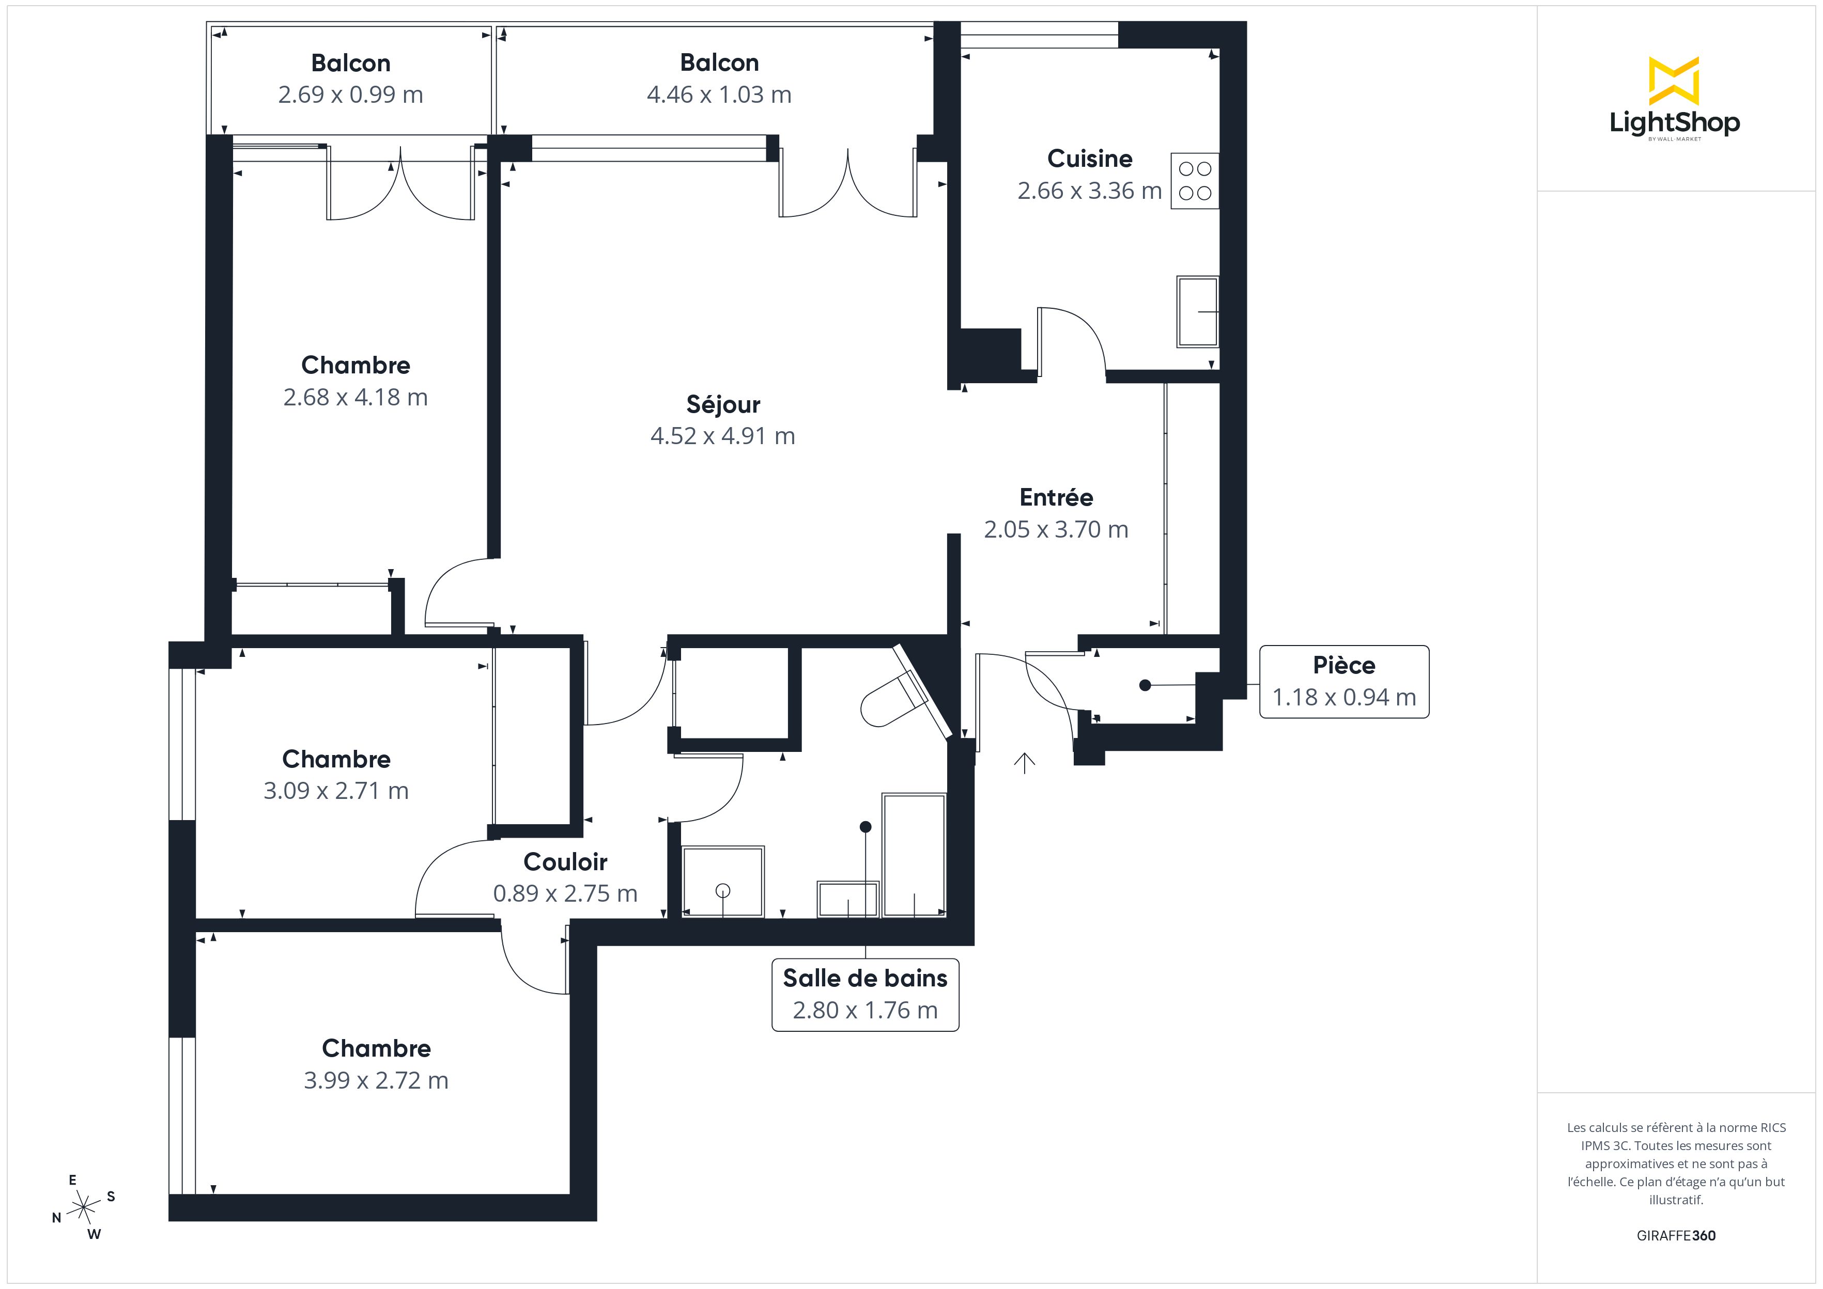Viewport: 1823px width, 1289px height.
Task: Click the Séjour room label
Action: (x=722, y=405)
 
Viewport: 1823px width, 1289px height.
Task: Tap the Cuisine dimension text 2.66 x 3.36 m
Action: (x=1089, y=191)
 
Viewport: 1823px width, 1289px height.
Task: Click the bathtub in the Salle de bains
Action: (x=914, y=855)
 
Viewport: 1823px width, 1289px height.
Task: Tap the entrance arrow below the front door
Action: (x=1024, y=763)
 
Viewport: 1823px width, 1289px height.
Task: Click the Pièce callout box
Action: (x=1343, y=682)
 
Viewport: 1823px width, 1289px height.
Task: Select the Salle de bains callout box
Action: (x=866, y=995)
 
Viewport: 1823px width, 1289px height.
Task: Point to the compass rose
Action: (x=83, y=1207)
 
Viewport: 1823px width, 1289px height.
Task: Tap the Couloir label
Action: (x=565, y=861)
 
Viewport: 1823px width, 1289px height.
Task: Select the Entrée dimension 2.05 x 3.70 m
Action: (x=1056, y=529)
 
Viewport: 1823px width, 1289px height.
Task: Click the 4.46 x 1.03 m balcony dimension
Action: (x=719, y=95)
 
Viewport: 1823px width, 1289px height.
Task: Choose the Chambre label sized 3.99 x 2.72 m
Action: (x=376, y=1048)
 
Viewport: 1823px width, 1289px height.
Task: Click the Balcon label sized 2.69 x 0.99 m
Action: (x=351, y=62)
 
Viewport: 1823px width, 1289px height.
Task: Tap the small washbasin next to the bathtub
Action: (x=848, y=899)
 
